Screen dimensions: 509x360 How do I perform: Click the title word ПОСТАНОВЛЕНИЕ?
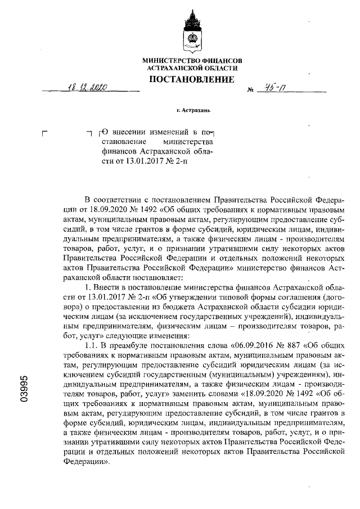click(x=191, y=79)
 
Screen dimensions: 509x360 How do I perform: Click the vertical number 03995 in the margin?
click(x=23, y=389)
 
